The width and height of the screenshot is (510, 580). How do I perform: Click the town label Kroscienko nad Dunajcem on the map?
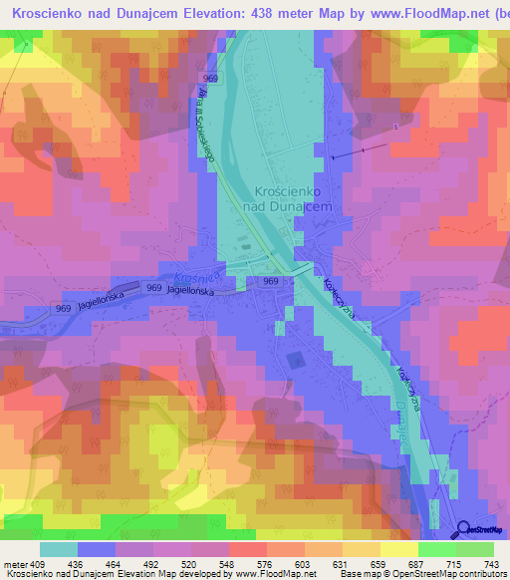(286, 197)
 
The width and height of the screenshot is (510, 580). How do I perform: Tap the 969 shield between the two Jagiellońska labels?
(153, 288)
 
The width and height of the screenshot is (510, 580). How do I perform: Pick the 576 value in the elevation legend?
(265, 563)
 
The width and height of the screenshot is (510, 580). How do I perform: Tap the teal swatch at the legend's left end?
(59, 549)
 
